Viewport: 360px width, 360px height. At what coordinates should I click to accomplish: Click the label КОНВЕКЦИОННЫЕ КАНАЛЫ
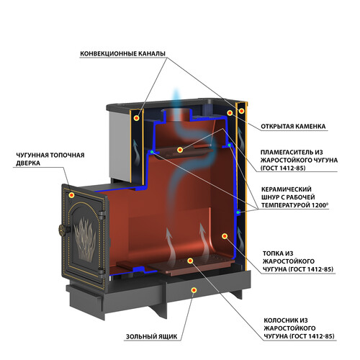pyautogui.click(x=122, y=53)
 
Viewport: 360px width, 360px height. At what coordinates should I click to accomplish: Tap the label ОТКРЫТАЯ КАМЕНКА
pyautogui.click(x=293, y=127)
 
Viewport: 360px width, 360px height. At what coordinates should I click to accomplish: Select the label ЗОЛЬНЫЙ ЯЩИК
pyautogui.click(x=152, y=336)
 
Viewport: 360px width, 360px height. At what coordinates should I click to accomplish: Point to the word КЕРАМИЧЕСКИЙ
pyautogui.click(x=286, y=189)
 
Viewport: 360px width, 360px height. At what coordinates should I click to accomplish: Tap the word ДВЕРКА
pyautogui.click(x=28, y=163)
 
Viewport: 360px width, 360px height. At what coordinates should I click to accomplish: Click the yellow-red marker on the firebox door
pyautogui.click(x=71, y=195)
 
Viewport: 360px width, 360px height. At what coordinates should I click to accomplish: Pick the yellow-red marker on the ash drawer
pyautogui.click(x=194, y=290)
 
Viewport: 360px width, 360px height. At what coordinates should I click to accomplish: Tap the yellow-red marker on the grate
pyautogui.click(x=190, y=261)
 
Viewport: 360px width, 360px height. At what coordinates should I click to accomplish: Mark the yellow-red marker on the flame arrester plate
pyautogui.click(x=180, y=150)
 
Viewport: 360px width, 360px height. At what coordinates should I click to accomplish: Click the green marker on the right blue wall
pyautogui.click(x=238, y=212)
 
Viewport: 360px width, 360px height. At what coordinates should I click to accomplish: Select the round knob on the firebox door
pyautogui.click(x=62, y=230)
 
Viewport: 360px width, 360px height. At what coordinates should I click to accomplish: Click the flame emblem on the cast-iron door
pyautogui.click(x=85, y=240)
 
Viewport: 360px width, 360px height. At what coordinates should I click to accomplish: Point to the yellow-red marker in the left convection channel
pyautogui.click(x=137, y=118)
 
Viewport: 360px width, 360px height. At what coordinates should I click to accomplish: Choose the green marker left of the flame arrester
pyautogui.click(x=152, y=152)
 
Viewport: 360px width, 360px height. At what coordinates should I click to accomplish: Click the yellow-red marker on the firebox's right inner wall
pyautogui.click(x=225, y=236)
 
